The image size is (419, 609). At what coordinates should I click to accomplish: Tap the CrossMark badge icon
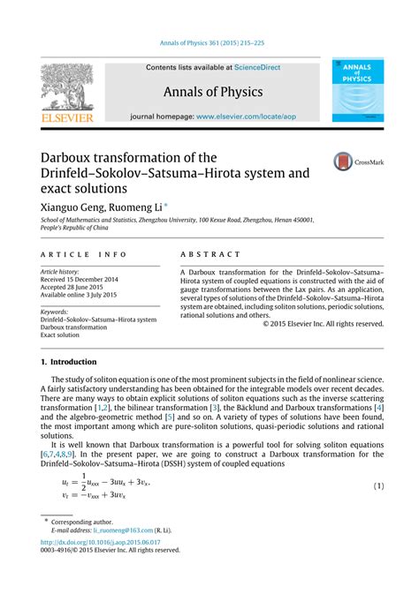343,162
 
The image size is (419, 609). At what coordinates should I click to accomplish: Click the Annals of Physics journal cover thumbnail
358,90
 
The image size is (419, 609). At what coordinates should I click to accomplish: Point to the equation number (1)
377,486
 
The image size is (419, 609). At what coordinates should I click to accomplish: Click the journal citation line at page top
209,43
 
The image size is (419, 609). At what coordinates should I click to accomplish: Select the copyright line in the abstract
324,324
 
